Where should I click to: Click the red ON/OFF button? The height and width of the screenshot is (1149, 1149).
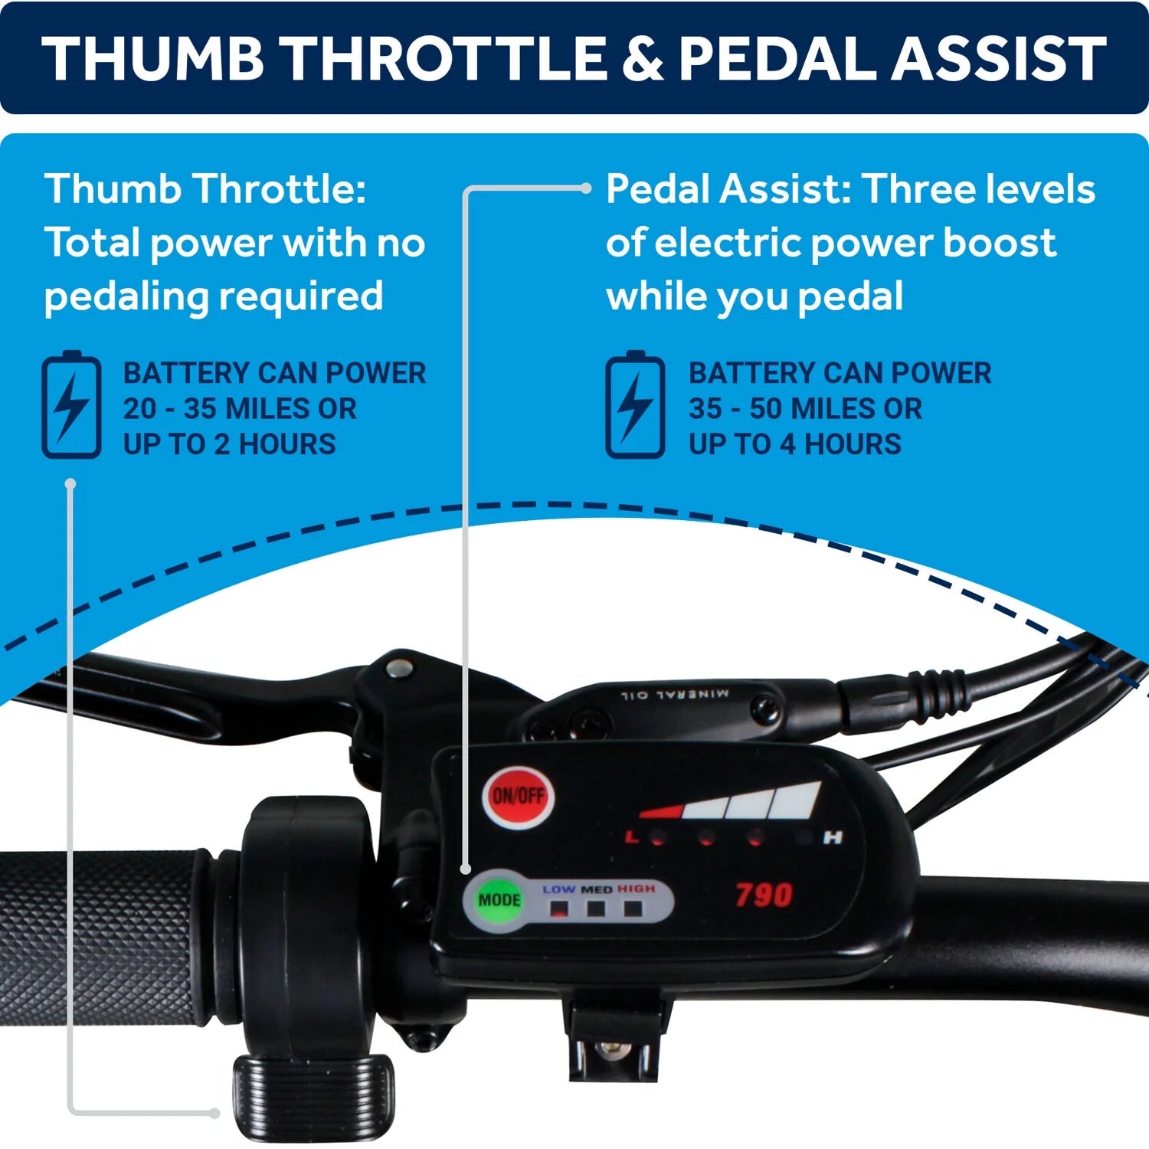pyautogui.click(x=518, y=797)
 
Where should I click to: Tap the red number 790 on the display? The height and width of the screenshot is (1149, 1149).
pyautogui.click(x=764, y=895)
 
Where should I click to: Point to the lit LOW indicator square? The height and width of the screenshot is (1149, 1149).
pyautogui.click(x=560, y=909)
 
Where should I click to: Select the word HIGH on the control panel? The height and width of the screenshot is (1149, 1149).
pyautogui.click(x=637, y=889)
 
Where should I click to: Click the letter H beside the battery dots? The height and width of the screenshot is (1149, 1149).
pyautogui.click(x=833, y=838)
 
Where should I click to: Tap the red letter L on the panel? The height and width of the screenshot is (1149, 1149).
pyautogui.click(x=632, y=836)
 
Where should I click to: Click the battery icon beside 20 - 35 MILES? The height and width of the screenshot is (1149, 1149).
pyautogui.click(x=71, y=404)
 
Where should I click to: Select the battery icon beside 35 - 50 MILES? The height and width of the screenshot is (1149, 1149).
pyautogui.click(x=635, y=404)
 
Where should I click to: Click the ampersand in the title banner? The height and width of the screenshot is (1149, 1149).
pyautogui.click(x=643, y=59)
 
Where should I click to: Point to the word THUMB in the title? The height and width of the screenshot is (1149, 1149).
pyautogui.click(x=153, y=59)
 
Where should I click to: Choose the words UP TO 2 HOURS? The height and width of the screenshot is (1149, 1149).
pyautogui.click(x=230, y=444)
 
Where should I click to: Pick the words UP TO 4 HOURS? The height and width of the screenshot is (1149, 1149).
pyautogui.click(x=795, y=444)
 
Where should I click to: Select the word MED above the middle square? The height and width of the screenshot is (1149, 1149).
pyautogui.click(x=597, y=889)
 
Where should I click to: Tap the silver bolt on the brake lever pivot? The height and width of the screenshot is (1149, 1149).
pyautogui.click(x=398, y=668)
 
